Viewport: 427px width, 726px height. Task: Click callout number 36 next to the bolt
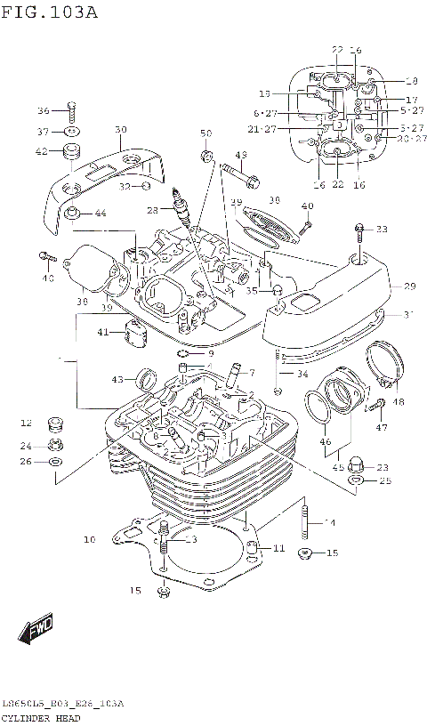point(43,111)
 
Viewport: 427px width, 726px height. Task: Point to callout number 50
point(206,133)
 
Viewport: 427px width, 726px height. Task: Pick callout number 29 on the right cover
point(410,286)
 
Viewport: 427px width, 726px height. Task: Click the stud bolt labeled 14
point(306,521)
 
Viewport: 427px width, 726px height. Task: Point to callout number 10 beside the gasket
point(89,539)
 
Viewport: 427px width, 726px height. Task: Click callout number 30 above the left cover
point(121,129)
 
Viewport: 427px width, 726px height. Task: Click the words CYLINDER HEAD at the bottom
point(42,717)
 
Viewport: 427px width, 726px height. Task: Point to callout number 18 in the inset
point(411,80)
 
